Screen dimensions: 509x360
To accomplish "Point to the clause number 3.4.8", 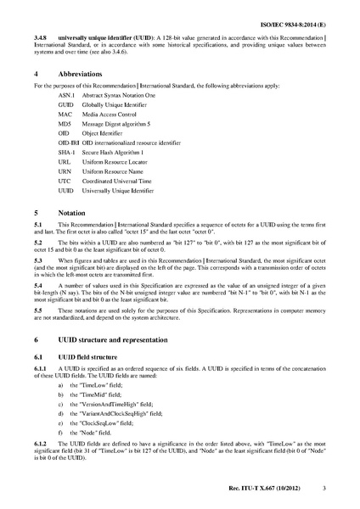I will pos(39,37).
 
